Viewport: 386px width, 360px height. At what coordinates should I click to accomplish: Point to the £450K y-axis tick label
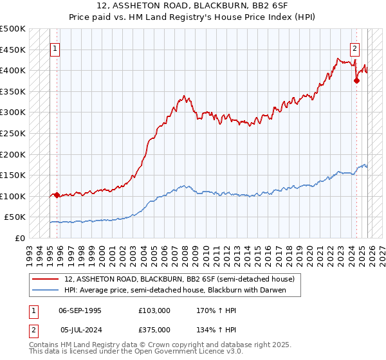click(x=13, y=50)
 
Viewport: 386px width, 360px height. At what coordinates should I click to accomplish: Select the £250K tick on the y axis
click(x=13, y=133)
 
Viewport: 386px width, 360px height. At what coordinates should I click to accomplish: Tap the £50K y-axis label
click(x=15, y=217)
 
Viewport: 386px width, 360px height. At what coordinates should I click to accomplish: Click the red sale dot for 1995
click(x=57, y=195)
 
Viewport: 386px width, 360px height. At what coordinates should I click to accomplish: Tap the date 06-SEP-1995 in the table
click(x=80, y=310)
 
